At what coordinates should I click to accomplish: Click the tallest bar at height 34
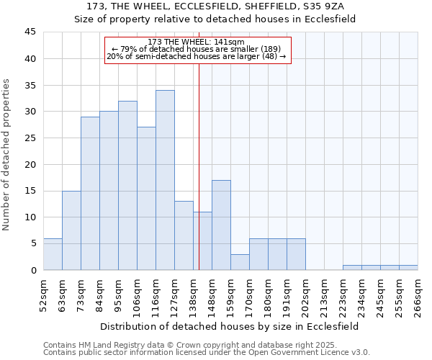point(165,180)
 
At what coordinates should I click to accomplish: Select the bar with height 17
point(221,225)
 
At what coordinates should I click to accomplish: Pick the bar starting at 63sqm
point(71,230)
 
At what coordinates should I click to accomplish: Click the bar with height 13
point(184,235)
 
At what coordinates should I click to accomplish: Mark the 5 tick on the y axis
point(32,243)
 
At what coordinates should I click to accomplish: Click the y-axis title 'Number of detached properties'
point(7,155)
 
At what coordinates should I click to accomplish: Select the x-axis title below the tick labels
point(216,326)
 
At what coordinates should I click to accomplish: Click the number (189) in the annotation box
point(260,49)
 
